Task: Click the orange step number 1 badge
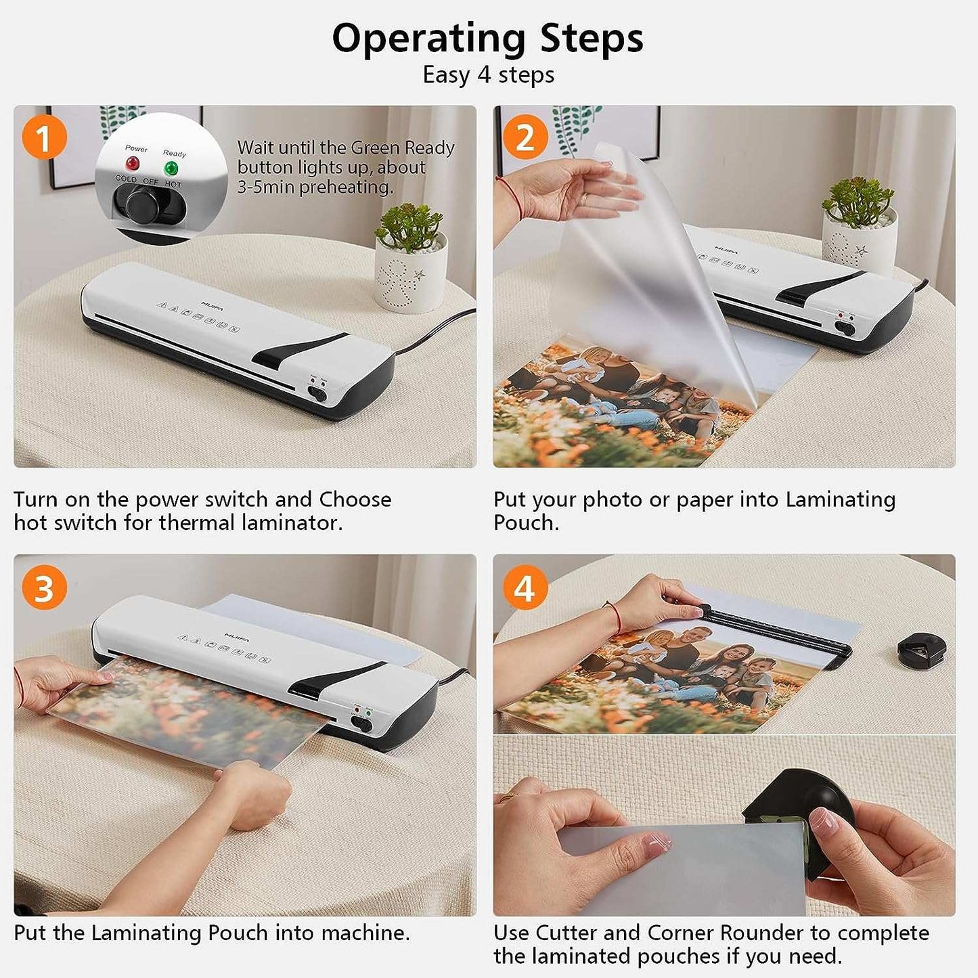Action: [44, 137]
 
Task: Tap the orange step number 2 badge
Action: [525, 137]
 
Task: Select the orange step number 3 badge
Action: [44, 587]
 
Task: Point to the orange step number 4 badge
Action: [525, 587]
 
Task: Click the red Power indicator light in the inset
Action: [133, 163]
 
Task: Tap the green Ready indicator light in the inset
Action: [171, 167]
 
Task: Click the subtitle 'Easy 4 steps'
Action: [488, 75]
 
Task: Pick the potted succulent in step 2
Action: [859, 226]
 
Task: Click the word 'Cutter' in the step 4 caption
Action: [566, 933]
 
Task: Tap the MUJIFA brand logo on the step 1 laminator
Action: [212, 305]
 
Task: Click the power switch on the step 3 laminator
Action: [362, 724]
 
